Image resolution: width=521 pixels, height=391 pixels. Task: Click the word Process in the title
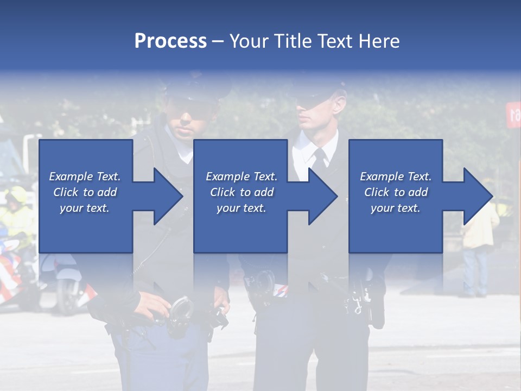170,41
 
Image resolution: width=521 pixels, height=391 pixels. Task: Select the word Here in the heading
378,41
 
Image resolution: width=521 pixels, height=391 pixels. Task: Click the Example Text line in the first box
85,176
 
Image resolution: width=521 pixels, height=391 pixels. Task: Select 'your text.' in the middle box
242,208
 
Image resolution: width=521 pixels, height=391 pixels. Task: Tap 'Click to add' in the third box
396,192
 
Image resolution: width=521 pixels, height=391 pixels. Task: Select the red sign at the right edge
513,114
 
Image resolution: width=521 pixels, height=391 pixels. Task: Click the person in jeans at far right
478,255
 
